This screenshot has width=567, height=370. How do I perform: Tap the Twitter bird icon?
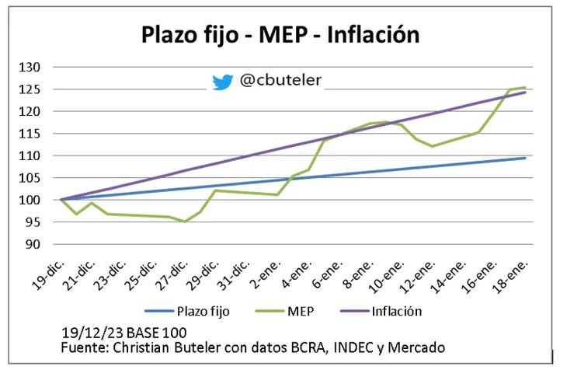(222, 81)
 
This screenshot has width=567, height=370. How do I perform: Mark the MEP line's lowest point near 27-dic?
(185, 222)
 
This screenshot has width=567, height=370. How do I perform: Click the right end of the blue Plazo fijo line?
(526, 158)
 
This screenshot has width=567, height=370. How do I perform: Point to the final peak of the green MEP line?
(526, 88)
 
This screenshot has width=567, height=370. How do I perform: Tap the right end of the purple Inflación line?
(526, 92)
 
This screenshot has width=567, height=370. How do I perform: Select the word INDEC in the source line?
(351, 346)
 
